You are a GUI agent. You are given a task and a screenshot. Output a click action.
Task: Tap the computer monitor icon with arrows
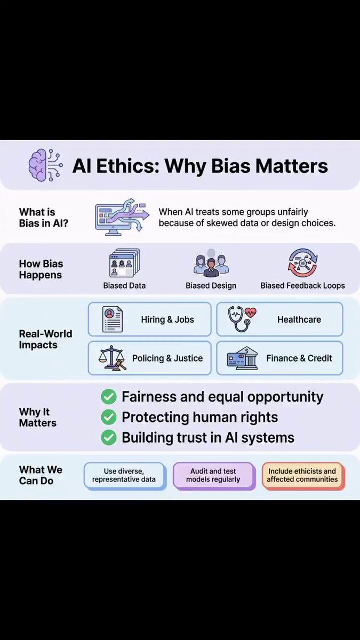(122, 217)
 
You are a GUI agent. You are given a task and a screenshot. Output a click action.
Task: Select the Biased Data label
(124, 285)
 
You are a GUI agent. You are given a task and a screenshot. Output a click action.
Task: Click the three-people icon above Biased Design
(211, 263)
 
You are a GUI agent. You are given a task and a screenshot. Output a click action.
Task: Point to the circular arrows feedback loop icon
(302, 263)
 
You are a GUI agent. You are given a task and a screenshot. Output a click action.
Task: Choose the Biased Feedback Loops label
(302, 285)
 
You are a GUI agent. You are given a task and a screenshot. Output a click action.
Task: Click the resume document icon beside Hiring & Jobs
(113, 319)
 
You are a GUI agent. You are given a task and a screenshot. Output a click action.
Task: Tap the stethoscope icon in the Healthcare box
(242, 319)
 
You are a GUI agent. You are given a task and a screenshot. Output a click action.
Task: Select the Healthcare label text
(299, 319)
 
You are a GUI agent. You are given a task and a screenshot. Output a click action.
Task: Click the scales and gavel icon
(112, 358)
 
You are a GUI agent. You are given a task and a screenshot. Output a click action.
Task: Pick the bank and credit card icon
(242, 358)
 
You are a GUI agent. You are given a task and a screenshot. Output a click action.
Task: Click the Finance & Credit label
(299, 358)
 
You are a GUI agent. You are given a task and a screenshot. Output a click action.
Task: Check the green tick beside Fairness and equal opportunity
(109, 397)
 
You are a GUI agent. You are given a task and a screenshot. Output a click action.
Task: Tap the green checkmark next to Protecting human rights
(109, 417)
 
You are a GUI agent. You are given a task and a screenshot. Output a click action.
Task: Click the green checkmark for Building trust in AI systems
(109, 438)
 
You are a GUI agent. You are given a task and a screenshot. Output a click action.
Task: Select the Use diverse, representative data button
(125, 476)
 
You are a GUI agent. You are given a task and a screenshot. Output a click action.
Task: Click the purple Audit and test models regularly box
(214, 476)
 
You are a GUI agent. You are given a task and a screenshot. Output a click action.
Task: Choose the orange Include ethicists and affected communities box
(303, 476)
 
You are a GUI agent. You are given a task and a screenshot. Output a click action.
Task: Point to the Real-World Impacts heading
(45, 339)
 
